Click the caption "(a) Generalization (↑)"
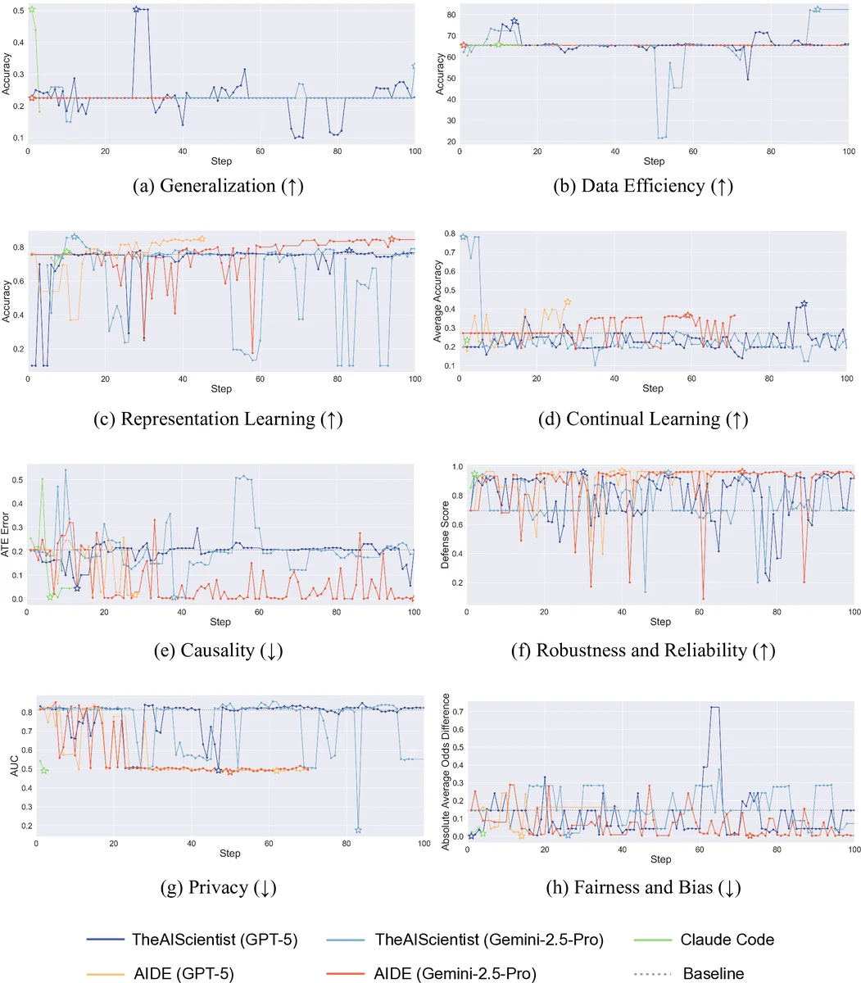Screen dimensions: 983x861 tap(220, 186)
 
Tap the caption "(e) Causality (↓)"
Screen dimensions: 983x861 tap(220, 651)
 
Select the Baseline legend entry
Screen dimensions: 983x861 tap(713, 973)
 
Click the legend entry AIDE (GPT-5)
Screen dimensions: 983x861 tap(183, 973)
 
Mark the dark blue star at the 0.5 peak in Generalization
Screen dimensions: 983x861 tap(136, 9)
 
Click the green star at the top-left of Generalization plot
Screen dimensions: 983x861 tap(31, 9)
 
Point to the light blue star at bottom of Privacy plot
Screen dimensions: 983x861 tap(358, 831)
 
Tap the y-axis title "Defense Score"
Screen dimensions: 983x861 tap(446, 536)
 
